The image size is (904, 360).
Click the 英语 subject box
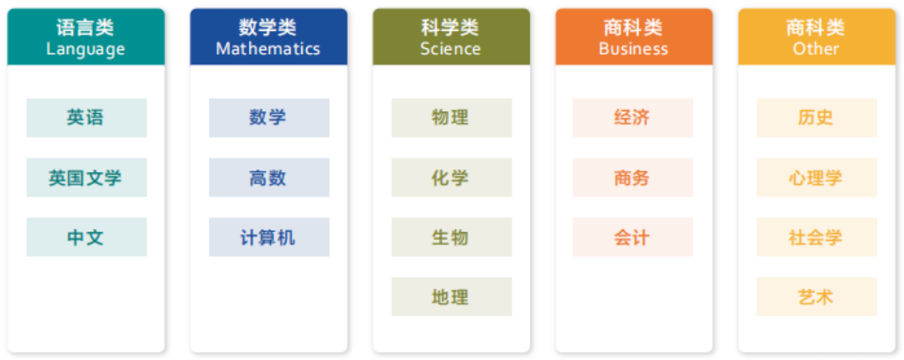[x=87, y=118]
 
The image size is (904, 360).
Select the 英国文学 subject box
[x=87, y=177]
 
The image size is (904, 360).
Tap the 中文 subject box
[x=87, y=237]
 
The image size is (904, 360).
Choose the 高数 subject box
[x=269, y=177]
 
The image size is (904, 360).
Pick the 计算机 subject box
[x=269, y=237]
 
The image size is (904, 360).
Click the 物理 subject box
[x=452, y=118]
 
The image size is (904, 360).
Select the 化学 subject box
[x=452, y=177]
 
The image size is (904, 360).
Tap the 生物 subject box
[x=452, y=237]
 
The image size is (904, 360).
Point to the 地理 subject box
[x=452, y=296]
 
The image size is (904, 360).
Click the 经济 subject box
[x=633, y=118]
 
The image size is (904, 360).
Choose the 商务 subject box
[x=633, y=177]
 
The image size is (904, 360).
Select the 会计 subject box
[x=633, y=237]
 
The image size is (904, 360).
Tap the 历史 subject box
[x=816, y=118]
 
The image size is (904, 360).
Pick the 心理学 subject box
[x=816, y=177]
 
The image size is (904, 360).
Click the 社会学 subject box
[x=816, y=237]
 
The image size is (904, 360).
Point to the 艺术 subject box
[x=816, y=296]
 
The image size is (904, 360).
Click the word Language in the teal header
[x=86, y=50]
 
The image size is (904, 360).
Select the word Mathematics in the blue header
[x=268, y=48]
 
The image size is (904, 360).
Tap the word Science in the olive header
[x=450, y=48]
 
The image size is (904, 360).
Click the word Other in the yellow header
[x=816, y=48]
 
